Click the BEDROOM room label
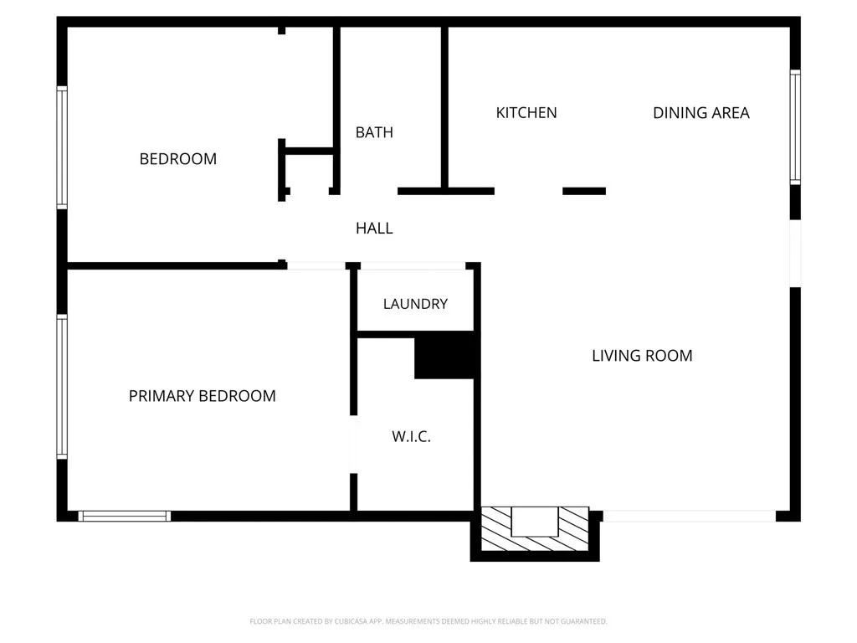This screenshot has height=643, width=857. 177,159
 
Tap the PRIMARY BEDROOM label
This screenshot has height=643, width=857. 202,396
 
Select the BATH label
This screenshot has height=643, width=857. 374,132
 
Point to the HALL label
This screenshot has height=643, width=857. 374,228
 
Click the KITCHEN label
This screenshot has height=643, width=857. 526,113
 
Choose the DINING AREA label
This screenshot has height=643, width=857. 700,113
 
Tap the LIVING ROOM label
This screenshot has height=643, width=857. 642,356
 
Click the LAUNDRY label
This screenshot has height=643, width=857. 415,304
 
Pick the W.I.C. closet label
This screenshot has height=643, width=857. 411,436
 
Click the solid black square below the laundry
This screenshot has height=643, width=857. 447,355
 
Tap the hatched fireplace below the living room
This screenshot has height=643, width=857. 535,531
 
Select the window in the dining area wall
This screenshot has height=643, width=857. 795,127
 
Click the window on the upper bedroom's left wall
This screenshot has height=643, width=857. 62,147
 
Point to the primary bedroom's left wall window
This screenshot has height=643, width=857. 62,386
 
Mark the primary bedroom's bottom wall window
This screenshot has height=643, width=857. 125,516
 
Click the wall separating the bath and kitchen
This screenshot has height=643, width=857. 444,107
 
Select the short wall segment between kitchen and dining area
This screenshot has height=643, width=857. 583,191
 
